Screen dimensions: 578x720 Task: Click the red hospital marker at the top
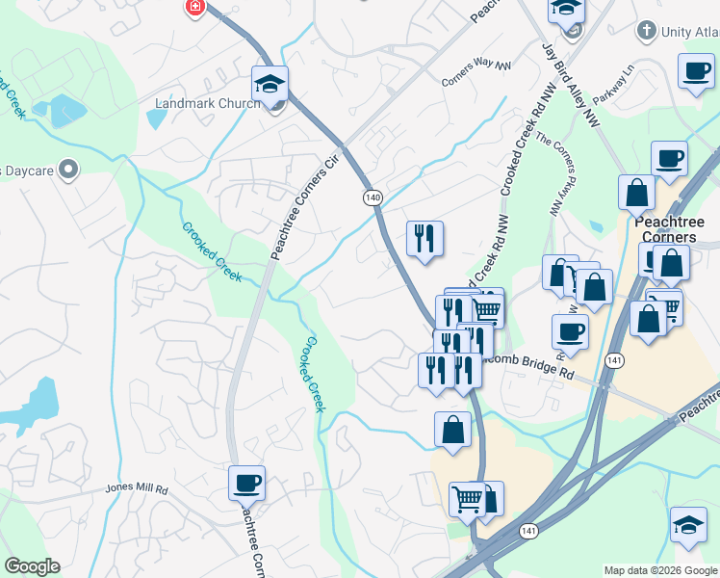tap(194, 7)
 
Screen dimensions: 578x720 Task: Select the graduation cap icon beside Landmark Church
tap(270, 84)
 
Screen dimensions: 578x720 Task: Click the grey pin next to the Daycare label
tap(67, 171)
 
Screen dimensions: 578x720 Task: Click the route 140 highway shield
tap(373, 197)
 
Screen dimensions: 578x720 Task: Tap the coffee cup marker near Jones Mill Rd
tap(246, 483)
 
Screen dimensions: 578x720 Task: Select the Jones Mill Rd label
tap(137, 489)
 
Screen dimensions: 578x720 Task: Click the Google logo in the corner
tap(32, 566)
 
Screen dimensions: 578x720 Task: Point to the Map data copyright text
tap(660, 570)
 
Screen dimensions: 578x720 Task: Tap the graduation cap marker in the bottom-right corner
tap(687, 525)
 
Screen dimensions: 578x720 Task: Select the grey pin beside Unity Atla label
tap(647, 32)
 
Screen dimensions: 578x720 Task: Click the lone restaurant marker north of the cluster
tap(424, 238)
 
